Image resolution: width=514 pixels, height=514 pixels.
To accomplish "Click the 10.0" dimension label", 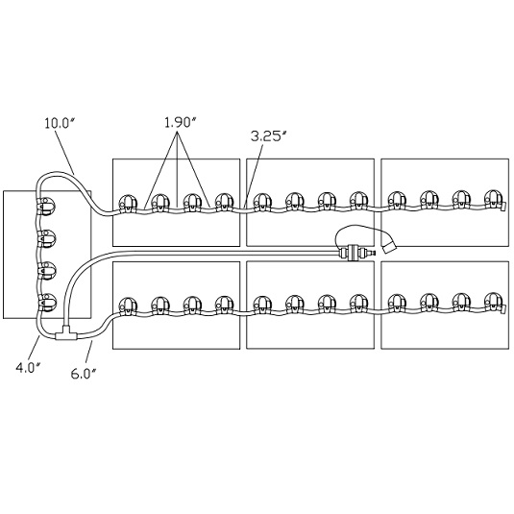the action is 61,123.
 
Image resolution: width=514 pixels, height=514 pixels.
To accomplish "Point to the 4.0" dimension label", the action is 28,368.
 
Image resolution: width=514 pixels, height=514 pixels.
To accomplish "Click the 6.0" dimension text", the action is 84,374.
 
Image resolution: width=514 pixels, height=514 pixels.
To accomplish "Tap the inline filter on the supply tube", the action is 354,253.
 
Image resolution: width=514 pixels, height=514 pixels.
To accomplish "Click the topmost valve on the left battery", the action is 46,206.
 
